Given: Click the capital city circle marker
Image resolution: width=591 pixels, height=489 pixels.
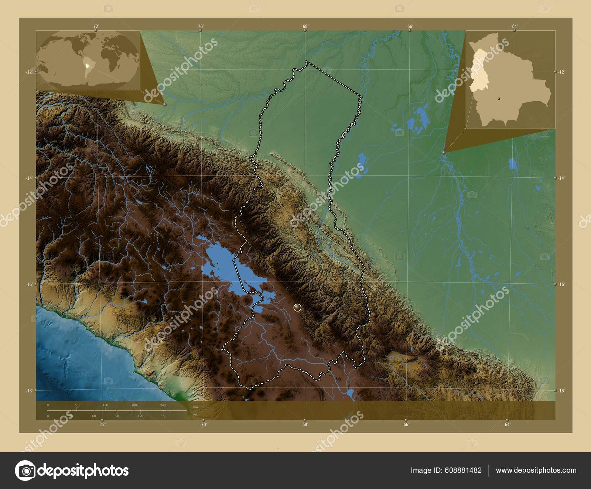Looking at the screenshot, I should click(297, 307).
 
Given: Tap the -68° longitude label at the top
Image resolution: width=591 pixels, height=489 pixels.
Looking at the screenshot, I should click(304, 26).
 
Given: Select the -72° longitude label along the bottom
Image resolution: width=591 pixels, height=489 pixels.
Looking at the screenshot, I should click(102, 424).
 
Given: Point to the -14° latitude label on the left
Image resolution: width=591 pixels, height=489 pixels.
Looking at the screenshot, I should click(28, 178).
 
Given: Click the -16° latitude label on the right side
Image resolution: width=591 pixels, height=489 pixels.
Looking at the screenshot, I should click(562, 284).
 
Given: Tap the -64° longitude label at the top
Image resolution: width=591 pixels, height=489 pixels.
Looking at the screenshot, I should click(514, 26).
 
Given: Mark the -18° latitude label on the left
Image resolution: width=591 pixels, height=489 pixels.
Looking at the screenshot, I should click(28, 390).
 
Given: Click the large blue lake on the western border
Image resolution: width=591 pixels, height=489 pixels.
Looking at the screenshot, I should click(222, 266).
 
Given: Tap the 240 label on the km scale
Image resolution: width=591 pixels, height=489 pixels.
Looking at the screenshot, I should click(163, 405).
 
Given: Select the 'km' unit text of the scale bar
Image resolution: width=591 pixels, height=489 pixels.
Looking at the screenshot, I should click(195, 407).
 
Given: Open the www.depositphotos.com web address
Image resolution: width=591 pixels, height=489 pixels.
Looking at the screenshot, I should click(536, 470).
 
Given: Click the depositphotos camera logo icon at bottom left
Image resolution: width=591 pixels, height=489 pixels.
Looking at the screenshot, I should click(25, 470).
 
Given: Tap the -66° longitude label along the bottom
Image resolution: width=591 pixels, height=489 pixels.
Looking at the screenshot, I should click(406, 424).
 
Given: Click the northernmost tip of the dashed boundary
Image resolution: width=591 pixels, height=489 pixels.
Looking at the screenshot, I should click(306, 61).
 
